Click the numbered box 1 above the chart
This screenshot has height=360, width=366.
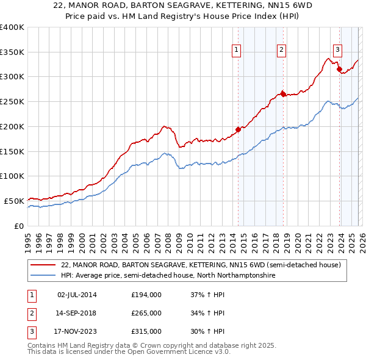coord(236,51)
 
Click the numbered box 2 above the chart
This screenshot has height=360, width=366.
coord(281,51)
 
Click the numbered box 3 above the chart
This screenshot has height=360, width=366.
coord(337,51)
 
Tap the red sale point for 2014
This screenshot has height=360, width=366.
coord(239,129)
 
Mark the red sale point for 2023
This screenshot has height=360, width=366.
coord(340,69)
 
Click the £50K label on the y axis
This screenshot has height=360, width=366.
coord(14,201)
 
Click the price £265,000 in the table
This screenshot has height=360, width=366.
coord(146,313)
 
